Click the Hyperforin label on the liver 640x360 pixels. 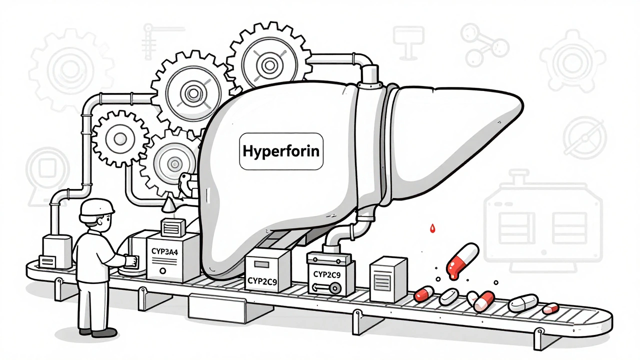281,150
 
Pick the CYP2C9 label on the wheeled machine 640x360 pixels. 329,274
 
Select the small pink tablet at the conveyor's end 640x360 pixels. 550,308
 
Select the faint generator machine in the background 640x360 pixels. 543,215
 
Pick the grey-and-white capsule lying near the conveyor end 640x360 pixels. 523,302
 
